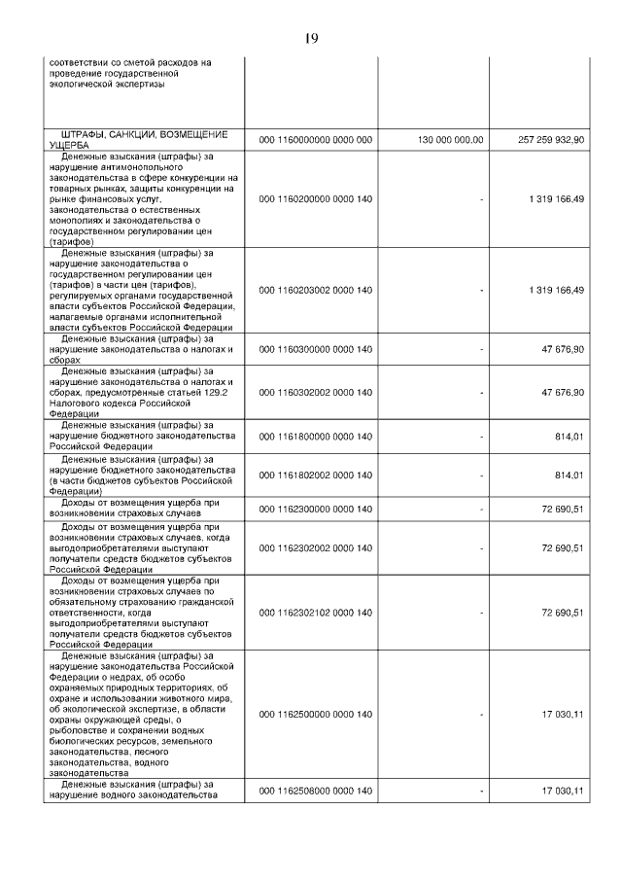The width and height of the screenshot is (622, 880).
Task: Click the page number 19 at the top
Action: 311,39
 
